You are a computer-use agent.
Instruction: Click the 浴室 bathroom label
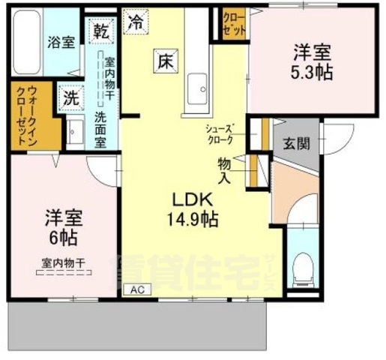click(x=62, y=42)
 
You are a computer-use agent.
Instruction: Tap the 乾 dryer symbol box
click(x=100, y=31)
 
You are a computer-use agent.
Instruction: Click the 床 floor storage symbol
click(x=166, y=61)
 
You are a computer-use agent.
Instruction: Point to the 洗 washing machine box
click(x=71, y=97)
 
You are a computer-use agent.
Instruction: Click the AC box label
click(x=137, y=289)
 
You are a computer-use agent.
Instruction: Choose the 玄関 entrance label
click(x=295, y=143)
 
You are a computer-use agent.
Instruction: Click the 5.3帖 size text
click(x=314, y=73)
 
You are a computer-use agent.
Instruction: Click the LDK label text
click(x=194, y=200)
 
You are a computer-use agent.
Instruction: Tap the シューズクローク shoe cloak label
click(x=226, y=134)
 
